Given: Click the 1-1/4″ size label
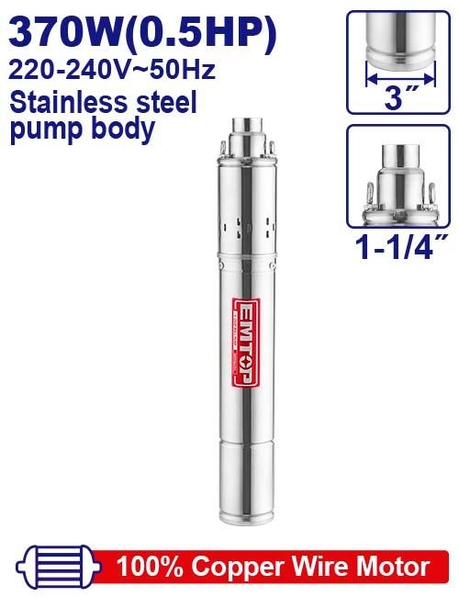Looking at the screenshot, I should tap(397, 247).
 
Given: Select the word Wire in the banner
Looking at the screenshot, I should tap(306, 563).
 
